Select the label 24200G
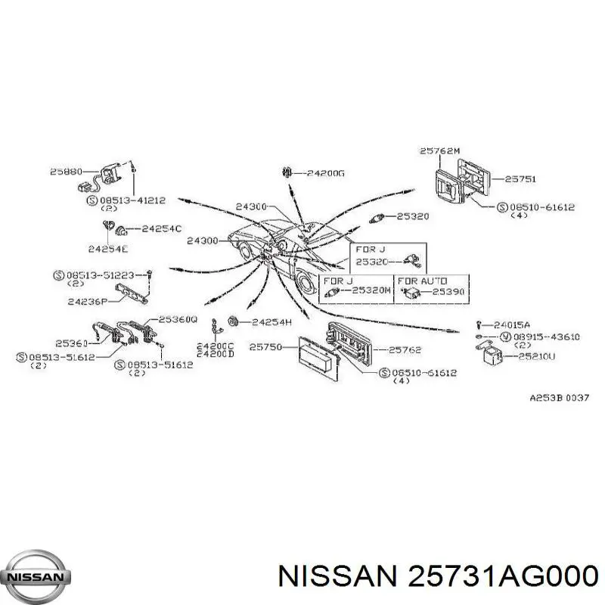(x=326, y=173)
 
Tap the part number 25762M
(x=439, y=151)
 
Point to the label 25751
(x=520, y=179)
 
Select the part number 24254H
(x=271, y=322)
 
